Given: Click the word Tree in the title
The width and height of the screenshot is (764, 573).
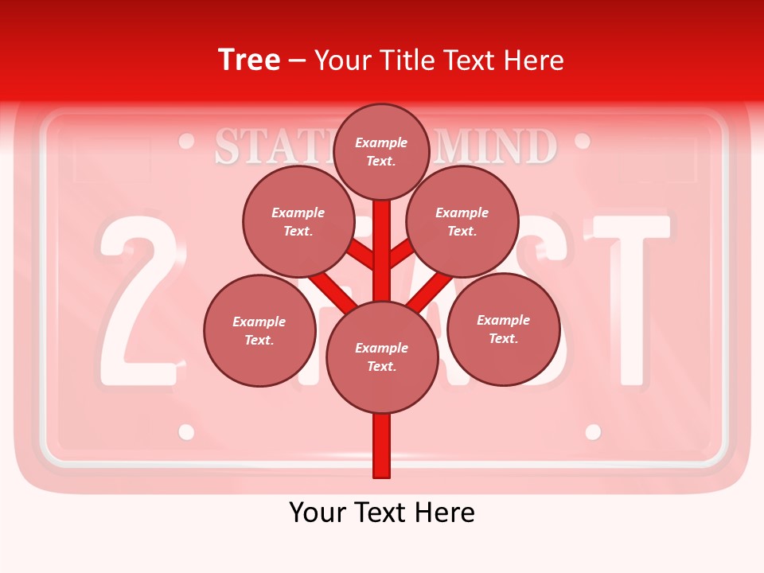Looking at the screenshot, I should (x=249, y=60).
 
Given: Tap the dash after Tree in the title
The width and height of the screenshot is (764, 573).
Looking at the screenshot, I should (x=298, y=61).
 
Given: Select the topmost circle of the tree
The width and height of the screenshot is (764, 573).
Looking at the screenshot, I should (x=381, y=151).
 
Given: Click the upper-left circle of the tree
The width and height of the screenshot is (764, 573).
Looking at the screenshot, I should (x=298, y=221).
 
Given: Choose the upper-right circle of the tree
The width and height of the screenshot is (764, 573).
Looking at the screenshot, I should (x=462, y=221).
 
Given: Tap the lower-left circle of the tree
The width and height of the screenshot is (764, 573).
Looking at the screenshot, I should (x=259, y=330).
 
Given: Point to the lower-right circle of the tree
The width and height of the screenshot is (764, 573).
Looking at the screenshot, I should (x=503, y=329).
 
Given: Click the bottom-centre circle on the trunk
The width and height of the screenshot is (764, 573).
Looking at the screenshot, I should (x=381, y=357).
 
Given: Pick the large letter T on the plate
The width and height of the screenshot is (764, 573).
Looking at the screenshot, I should (x=633, y=294).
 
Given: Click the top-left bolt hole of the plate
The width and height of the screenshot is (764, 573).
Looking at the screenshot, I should (x=187, y=142).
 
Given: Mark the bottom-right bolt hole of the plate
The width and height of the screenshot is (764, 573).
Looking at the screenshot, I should (x=593, y=431).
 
